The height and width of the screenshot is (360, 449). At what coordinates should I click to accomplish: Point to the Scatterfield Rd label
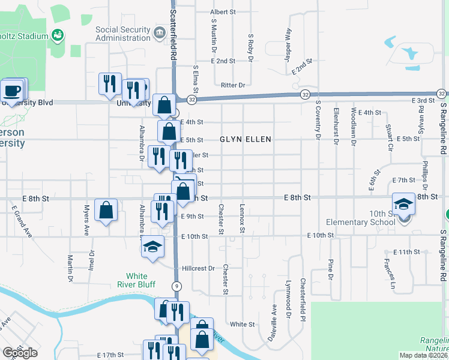(x=173, y=29)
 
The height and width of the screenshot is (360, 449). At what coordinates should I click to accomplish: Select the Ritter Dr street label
(x=233, y=85)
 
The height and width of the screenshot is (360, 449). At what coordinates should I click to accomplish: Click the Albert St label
(x=224, y=12)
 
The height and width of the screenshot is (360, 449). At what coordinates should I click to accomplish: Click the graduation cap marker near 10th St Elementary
(x=403, y=204)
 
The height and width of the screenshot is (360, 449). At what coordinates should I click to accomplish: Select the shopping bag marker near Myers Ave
(x=106, y=211)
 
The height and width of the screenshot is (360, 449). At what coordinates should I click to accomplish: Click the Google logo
(x=20, y=353)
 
